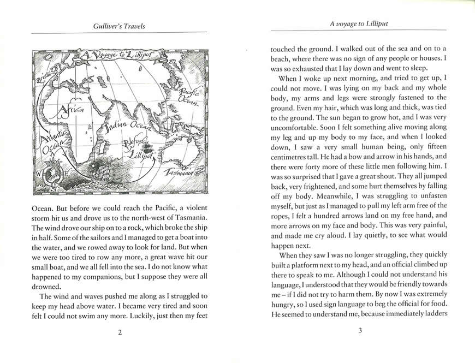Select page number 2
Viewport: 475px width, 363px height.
[x=120, y=334]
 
